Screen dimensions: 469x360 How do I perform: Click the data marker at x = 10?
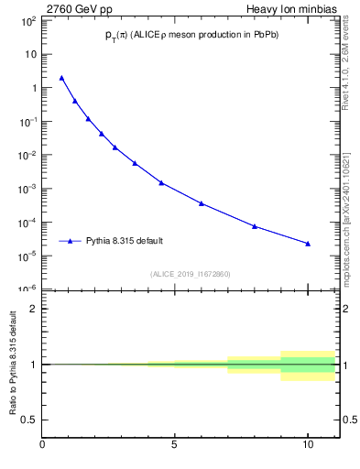click(x=308, y=244)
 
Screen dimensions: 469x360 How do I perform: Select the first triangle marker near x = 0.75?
click(x=62, y=78)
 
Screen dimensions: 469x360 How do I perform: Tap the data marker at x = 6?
click(x=202, y=203)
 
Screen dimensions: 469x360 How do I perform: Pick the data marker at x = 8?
click(x=255, y=226)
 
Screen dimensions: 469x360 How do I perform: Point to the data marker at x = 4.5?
click(x=161, y=182)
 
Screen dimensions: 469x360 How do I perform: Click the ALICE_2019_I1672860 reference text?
click(x=191, y=274)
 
